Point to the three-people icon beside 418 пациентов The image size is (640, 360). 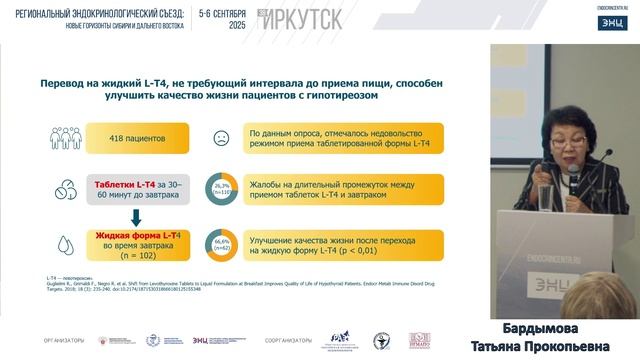click(48, 138)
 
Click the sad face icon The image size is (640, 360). click(219, 138)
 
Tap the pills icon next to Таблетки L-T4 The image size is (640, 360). click(47, 190)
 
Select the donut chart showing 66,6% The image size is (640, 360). click(220, 241)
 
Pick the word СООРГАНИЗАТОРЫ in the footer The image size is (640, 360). click(287, 340)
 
